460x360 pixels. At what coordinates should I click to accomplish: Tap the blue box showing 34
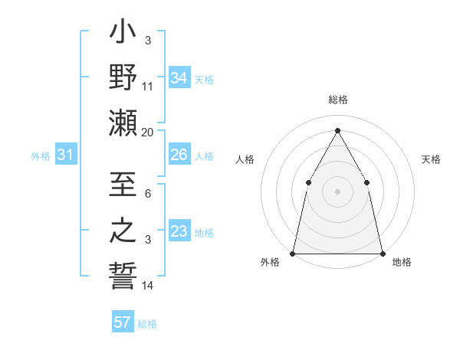coord(179,77)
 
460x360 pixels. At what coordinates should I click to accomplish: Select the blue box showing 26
coord(179,155)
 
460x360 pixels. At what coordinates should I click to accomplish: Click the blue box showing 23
coord(179,232)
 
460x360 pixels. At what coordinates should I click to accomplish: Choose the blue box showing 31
coord(66,155)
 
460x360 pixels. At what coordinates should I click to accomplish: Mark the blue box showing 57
coord(123,322)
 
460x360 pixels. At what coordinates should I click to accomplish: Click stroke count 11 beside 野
coord(148,87)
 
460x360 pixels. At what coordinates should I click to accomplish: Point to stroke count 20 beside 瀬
coord(148,132)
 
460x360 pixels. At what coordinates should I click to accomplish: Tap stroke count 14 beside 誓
coord(148,286)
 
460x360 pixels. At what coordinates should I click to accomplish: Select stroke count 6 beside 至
coord(148,195)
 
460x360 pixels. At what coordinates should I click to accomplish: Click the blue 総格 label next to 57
coord(147,324)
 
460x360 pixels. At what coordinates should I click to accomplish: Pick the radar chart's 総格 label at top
coord(337,100)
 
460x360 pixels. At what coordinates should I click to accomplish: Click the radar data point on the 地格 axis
coord(382,253)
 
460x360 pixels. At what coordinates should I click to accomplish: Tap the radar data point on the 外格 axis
coord(293,253)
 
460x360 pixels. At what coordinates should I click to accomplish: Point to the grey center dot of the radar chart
coord(337,191)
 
